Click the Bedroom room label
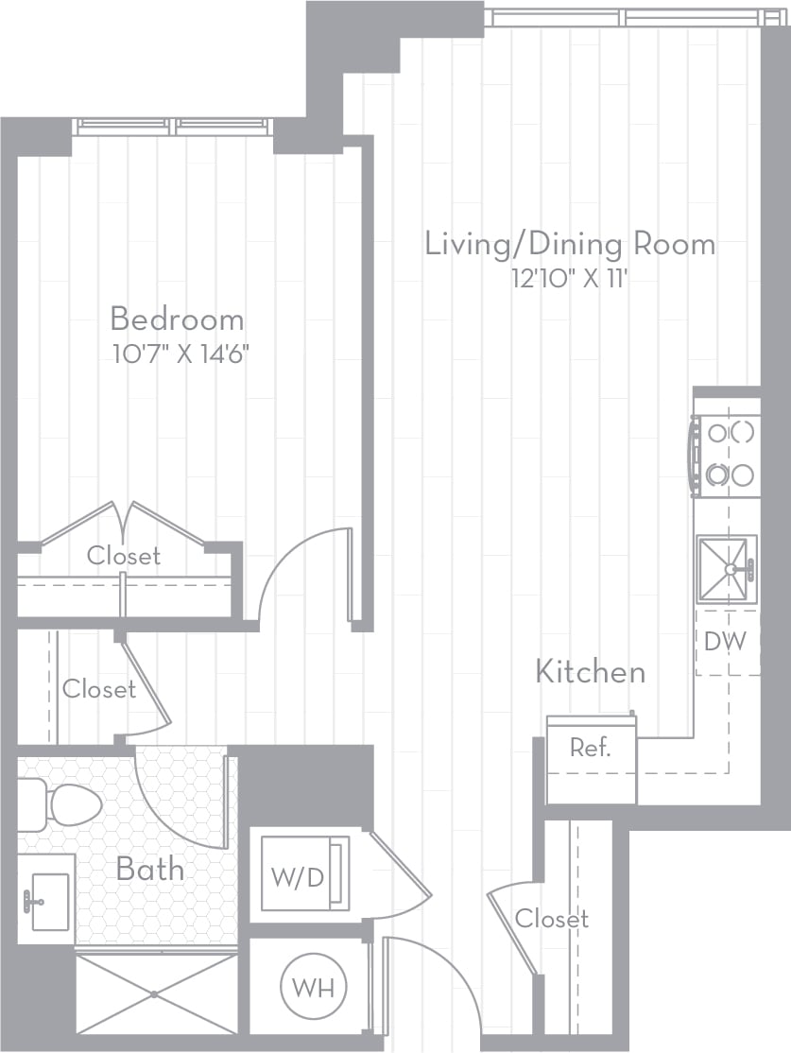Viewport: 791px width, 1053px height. (x=178, y=319)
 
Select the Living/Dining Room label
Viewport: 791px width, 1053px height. (x=570, y=245)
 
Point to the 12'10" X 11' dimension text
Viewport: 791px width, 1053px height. (x=570, y=278)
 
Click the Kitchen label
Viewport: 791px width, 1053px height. (x=591, y=672)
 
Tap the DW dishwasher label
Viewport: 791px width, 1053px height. (x=725, y=641)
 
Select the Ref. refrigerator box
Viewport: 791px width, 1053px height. (x=591, y=760)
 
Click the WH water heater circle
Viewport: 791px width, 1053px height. (x=313, y=988)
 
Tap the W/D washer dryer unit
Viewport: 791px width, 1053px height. (x=305, y=873)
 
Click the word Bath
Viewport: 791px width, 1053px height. (x=150, y=870)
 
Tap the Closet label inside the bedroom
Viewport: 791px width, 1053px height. (x=124, y=556)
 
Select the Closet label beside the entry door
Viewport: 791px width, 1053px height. (x=552, y=919)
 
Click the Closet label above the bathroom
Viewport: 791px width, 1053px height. (x=99, y=689)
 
